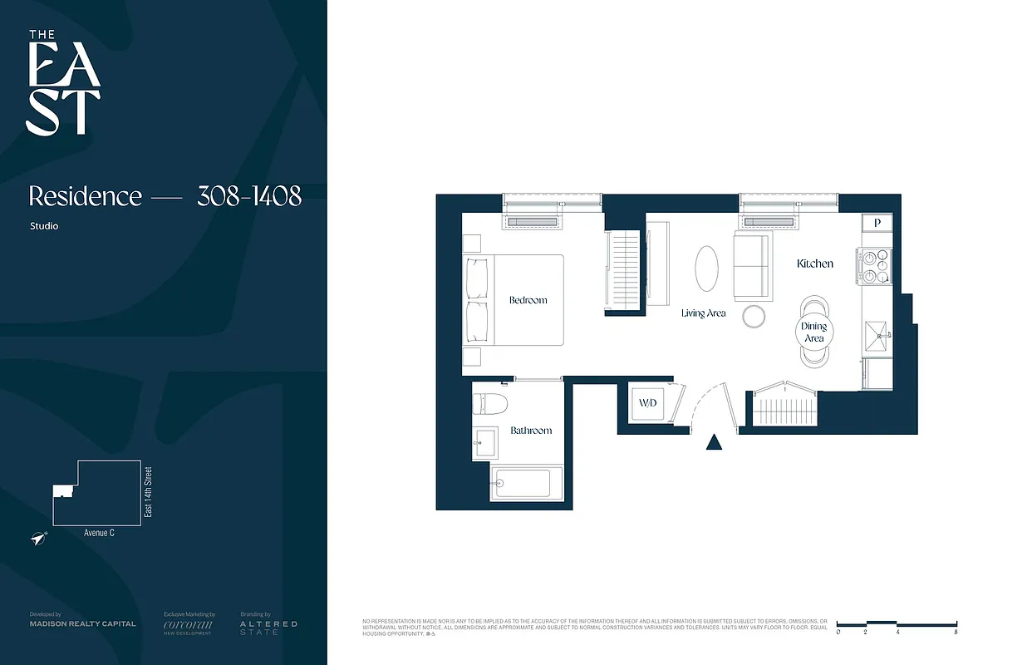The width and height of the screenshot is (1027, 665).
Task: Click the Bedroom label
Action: pyautogui.click(x=528, y=300)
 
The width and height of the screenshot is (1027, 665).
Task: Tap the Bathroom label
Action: pyautogui.click(x=531, y=431)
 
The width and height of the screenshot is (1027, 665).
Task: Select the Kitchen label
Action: pyautogui.click(x=814, y=264)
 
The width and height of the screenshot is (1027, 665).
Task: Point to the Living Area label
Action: pyautogui.click(x=704, y=313)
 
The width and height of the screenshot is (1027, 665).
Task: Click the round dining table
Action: pyautogui.click(x=813, y=332)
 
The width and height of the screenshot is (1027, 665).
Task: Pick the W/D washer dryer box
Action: pyautogui.click(x=647, y=403)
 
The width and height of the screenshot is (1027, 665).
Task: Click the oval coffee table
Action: pyautogui.click(x=706, y=268)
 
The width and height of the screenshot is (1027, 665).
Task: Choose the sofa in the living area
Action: pyautogui.click(x=751, y=266)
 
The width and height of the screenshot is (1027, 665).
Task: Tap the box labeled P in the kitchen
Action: pyautogui.click(x=877, y=223)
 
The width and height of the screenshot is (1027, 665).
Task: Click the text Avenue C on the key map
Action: pyautogui.click(x=99, y=533)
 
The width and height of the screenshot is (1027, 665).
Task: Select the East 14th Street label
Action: pyautogui.click(x=149, y=492)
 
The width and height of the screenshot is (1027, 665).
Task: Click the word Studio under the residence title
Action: pyautogui.click(x=44, y=226)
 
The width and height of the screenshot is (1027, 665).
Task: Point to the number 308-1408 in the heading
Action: pyautogui.click(x=248, y=196)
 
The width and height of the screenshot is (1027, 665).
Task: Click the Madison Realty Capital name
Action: pyautogui.click(x=82, y=623)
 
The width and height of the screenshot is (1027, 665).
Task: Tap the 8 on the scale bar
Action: pyautogui.click(x=956, y=633)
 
